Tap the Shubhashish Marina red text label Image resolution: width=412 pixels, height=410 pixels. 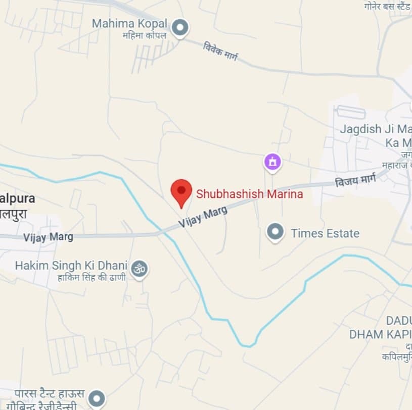point(249,194)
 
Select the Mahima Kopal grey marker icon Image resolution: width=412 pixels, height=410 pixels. point(179,27)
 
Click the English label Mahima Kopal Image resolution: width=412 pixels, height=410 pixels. point(129,24)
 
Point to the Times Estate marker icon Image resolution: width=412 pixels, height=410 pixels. point(275,232)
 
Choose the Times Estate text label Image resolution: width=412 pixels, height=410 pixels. point(325,233)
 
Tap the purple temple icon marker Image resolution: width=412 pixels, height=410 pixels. point(272,162)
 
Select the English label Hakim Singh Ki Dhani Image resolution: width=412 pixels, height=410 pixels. point(71,266)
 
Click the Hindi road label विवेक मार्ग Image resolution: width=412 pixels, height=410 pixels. point(220,52)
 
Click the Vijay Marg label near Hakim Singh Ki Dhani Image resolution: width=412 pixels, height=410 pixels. point(48,237)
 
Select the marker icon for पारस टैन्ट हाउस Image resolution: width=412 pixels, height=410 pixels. point(97,398)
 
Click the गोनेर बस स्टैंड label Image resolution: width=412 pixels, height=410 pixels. point(387,6)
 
